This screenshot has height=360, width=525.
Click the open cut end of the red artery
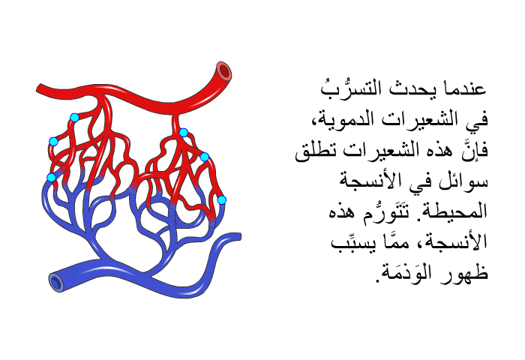click(224, 71)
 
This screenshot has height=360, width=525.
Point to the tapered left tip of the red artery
click(38, 88)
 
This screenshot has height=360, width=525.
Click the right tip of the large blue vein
click(238, 236)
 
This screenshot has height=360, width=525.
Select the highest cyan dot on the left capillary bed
click(74, 118)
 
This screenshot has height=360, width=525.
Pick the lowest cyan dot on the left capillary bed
click(51, 178)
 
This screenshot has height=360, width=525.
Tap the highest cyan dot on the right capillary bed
click(183, 133)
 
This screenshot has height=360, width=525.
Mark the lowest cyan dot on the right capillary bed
click(222, 200)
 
